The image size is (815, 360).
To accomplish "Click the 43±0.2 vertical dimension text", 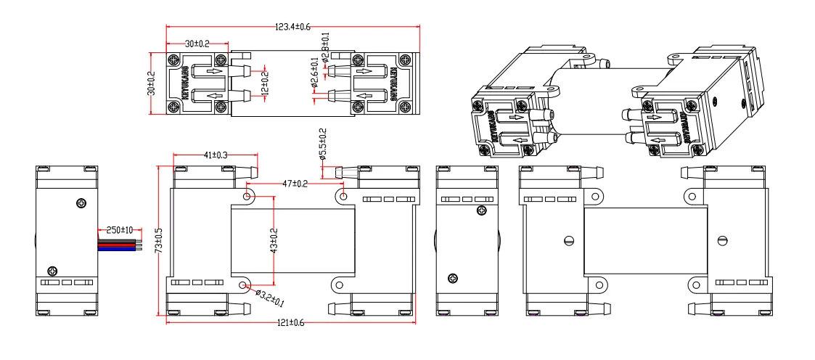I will click(x=274, y=240).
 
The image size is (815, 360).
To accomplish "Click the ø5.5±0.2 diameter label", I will click(x=323, y=144).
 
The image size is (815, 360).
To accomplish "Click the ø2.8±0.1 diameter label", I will click(x=325, y=47).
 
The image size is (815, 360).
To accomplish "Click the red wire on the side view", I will click(x=116, y=245).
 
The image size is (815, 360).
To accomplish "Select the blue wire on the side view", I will click(x=116, y=248).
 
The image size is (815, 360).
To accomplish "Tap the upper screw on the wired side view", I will click(x=79, y=203).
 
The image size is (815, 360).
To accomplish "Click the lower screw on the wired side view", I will click(x=51, y=269).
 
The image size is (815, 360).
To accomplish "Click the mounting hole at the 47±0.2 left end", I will click(x=248, y=196).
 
